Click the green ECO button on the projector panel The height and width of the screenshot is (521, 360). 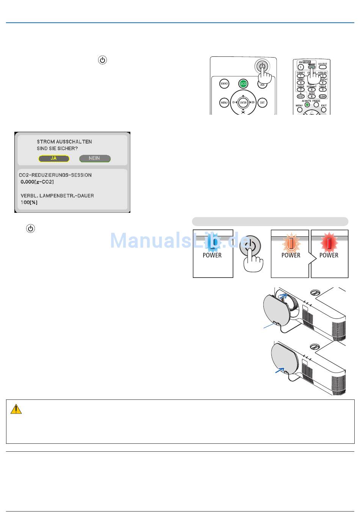coord(243,84)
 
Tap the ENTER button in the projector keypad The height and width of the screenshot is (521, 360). coord(243,103)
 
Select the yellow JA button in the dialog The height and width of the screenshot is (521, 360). coord(54,158)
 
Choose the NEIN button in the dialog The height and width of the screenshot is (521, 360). coord(95,158)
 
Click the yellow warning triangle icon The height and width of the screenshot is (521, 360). coord(16,409)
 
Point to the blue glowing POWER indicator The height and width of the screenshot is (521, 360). coord(213,243)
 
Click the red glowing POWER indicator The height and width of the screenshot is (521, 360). coord(329,243)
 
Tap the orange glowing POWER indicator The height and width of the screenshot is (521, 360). coord(290,243)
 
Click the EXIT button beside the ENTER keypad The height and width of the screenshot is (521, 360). coord(262,103)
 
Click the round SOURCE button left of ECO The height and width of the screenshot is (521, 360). coord(224,84)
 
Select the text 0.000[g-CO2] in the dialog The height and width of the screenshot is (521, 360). coord(37,182)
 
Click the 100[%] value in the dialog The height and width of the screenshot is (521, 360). coord(29,202)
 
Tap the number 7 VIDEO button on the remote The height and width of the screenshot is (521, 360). coord(301,89)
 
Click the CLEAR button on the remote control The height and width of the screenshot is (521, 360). coord(323,97)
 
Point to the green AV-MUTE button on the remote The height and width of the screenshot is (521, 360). coord(307,105)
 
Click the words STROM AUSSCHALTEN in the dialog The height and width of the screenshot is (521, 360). coord(64,142)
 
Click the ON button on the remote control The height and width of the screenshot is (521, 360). coord(301,67)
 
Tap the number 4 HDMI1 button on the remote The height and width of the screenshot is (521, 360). coord(301,83)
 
